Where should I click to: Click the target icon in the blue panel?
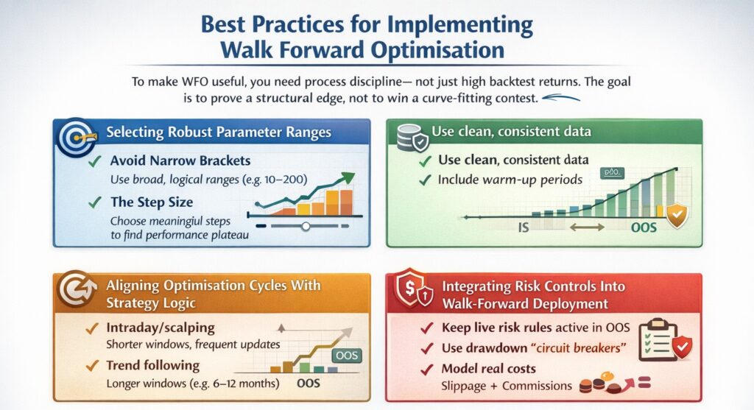click(x=75, y=138)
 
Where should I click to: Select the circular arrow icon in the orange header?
click(x=77, y=289)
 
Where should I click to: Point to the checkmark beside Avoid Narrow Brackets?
click(x=95, y=160)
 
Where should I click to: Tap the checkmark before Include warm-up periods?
click(x=425, y=180)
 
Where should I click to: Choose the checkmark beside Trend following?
click(x=92, y=366)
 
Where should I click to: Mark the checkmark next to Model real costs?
click(x=427, y=369)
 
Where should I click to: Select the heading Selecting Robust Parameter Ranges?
click(x=219, y=132)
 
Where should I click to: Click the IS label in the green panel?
click(x=524, y=227)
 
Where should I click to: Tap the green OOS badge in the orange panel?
click(x=347, y=356)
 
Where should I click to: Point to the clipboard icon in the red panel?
click(x=658, y=340)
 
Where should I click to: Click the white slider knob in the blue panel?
click(x=306, y=226)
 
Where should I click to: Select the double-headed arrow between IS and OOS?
click(x=587, y=227)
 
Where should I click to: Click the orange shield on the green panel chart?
click(x=677, y=216)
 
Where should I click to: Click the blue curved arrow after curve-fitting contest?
click(x=561, y=98)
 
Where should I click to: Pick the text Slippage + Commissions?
click(x=507, y=386)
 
